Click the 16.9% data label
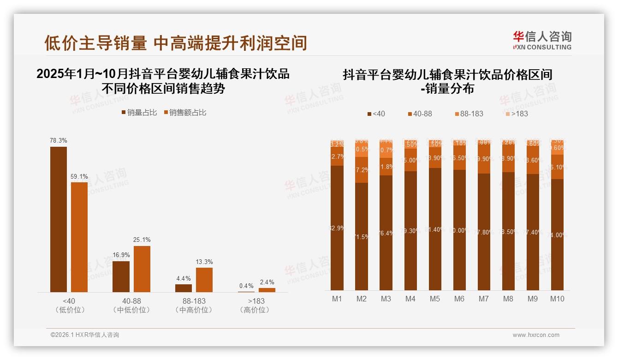(121, 255)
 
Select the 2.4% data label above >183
(267, 282)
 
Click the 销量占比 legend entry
(139, 113)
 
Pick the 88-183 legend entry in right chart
(469, 114)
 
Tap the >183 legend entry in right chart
(516, 114)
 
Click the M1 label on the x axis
(337, 299)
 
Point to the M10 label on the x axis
(557, 299)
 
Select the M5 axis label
(435, 299)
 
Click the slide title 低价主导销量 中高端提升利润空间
(176, 43)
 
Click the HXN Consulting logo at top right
(542, 41)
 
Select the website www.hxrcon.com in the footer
(536, 335)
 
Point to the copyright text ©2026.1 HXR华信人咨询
(85, 335)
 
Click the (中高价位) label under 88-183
(194, 310)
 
